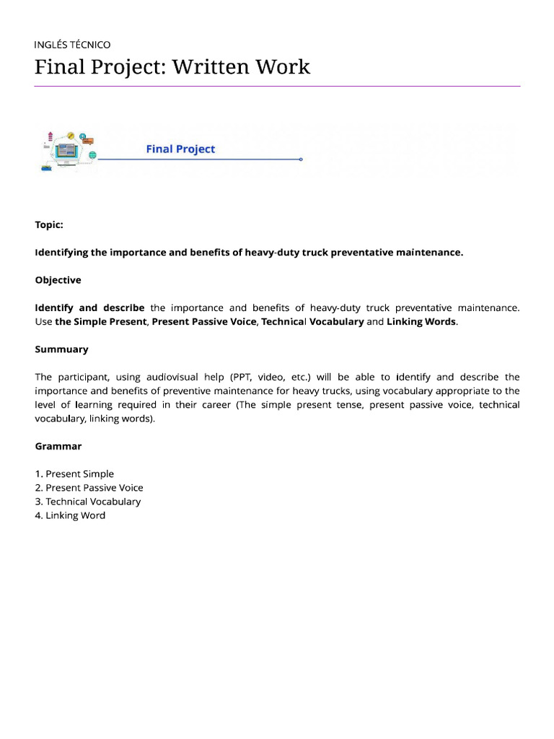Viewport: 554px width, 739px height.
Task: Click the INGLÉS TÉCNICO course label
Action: [73, 45]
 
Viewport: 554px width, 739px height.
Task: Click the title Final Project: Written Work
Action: [172, 67]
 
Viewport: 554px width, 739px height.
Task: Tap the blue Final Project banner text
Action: [180, 149]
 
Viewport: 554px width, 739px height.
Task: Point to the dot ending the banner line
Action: [301, 159]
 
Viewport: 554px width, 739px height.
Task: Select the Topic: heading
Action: [49, 224]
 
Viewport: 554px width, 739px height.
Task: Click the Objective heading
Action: [58, 280]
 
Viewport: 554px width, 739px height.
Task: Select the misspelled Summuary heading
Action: [61, 349]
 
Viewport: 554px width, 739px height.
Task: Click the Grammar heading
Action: [58, 446]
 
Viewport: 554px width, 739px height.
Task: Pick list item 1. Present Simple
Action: [74, 474]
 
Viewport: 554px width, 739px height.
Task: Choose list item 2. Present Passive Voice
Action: [89, 488]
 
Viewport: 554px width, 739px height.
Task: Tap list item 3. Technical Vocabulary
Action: [87, 502]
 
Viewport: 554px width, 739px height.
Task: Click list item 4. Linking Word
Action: [70, 515]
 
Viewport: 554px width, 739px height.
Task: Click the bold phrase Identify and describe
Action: [89, 308]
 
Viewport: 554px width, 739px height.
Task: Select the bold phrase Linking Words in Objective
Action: [421, 322]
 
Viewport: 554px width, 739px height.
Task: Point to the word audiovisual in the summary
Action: [175, 377]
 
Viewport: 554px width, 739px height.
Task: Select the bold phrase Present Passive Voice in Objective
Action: [204, 322]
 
